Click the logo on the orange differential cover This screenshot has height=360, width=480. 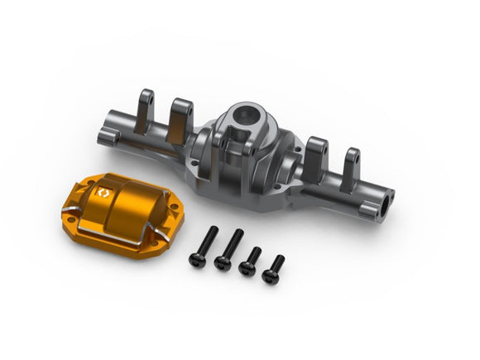point(103,191)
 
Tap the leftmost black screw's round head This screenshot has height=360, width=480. point(197,260)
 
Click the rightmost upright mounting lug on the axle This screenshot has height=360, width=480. point(351,164)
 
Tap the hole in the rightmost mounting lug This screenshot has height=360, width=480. point(352,157)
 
